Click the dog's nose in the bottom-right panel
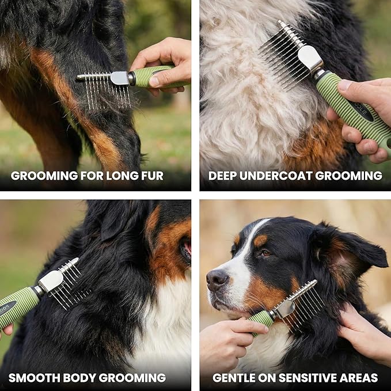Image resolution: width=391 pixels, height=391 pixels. tap(217, 279)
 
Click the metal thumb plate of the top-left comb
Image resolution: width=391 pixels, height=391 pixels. tap(120, 78)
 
